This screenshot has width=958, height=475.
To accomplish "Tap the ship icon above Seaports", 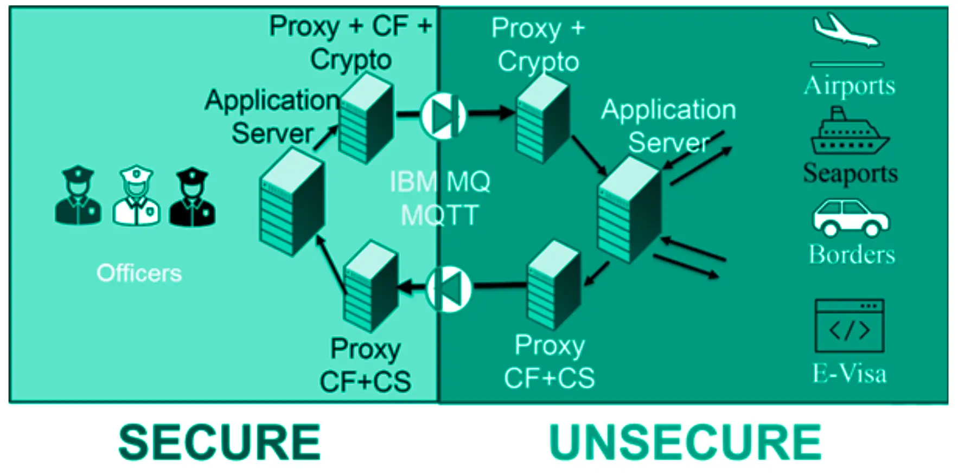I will pos(848,132).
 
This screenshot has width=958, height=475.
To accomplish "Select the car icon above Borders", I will pos(850,218).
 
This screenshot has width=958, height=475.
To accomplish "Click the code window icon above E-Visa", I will pos(850,326).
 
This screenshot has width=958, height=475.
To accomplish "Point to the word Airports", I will pos(850,86).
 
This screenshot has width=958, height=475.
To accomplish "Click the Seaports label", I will pos(850,174).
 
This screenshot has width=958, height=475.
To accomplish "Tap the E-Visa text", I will pos(850,374).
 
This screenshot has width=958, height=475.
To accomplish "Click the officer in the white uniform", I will pos(136,196).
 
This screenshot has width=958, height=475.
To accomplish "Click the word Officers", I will pos(139,273).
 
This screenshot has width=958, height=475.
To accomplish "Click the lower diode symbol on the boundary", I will pos(449,289).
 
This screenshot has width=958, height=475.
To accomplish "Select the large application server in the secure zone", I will pos(292,202).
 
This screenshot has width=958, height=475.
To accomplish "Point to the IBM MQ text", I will pos(439,182).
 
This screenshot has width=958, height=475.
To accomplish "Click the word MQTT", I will pos(439,215).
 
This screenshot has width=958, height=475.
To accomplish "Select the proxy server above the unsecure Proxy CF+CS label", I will pos(553,286).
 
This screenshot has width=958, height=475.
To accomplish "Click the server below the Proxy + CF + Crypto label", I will pos(366,119).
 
